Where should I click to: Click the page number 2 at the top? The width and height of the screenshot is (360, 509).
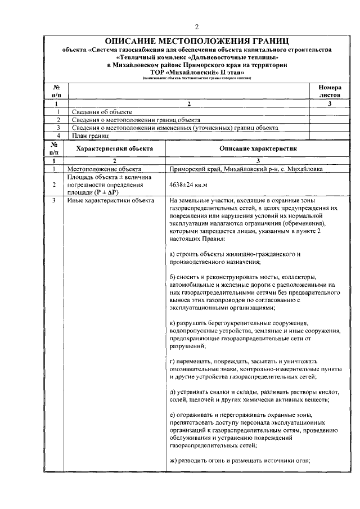[197, 26]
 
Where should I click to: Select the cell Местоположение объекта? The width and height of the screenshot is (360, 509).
[105, 169]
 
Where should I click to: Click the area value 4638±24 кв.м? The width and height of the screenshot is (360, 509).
[188, 184]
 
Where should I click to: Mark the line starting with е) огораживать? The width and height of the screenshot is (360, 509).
[240, 415]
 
